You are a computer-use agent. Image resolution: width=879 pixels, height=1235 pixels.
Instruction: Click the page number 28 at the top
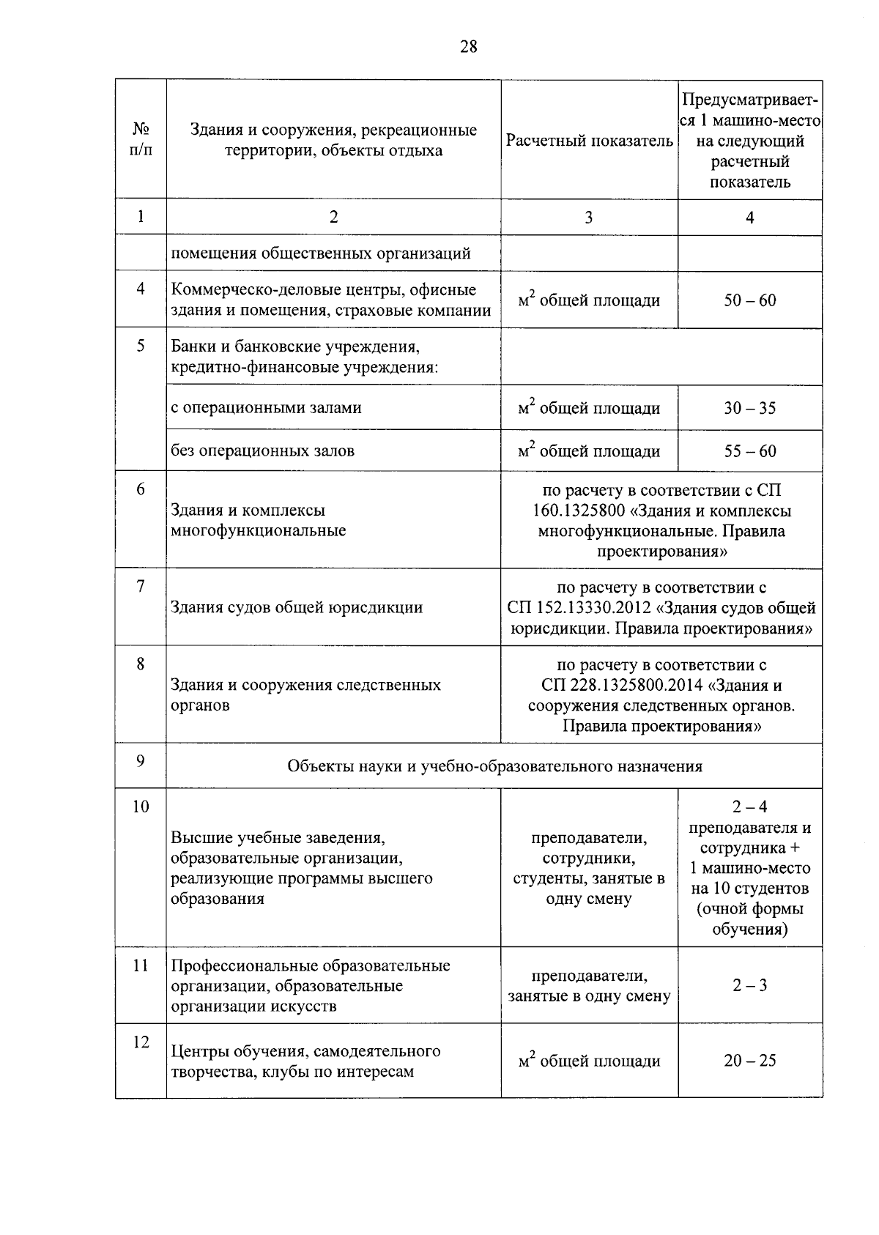pyautogui.click(x=469, y=47)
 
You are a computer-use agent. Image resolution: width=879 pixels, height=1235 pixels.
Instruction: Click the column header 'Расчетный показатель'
pyautogui.click(x=589, y=140)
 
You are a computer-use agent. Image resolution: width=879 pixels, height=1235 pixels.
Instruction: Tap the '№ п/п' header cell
pyautogui.click(x=141, y=139)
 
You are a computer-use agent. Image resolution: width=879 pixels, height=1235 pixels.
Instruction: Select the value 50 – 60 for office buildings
pyautogui.click(x=749, y=300)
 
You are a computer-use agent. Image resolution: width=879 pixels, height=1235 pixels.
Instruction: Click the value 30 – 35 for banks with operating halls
pyautogui.click(x=749, y=408)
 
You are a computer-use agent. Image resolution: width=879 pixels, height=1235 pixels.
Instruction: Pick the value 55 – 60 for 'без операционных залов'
pyautogui.click(x=749, y=451)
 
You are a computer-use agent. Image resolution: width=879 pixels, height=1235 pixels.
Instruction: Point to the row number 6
pyautogui.click(x=141, y=489)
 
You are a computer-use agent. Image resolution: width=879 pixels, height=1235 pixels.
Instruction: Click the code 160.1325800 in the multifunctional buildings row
pyautogui.click(x=579, y=511)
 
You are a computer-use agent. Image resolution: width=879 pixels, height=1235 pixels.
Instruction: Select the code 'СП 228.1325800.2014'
pyautogui.click(x=623, y=686)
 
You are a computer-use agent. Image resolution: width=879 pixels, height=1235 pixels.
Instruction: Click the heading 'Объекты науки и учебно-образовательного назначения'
pyautogui.click(x=494, y=766)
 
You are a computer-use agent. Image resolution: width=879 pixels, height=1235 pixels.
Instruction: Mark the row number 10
pyautogui.click(x=141, y=806)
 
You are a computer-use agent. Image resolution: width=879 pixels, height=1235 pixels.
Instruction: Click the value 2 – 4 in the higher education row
pyautogui.click(x=749, y=806)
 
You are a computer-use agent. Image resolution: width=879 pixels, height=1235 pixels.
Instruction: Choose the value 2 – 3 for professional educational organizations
pyautogui.click(x=749, y=985)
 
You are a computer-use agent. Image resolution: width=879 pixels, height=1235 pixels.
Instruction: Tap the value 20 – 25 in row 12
pyautogui.click(x=749, y=1061)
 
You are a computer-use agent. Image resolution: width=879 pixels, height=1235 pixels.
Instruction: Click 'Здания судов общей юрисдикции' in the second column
pyautogui.click(x=297, y=607)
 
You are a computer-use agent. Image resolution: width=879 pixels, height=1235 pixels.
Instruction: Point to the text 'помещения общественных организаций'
pyautogui.click(x=321, y=253)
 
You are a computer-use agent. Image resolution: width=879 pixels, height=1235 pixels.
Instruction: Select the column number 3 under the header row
pyautogui.click(x=589, y=217)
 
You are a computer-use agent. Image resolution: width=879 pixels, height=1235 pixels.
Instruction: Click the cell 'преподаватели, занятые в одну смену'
pyautogui.click(x=589, y=986)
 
